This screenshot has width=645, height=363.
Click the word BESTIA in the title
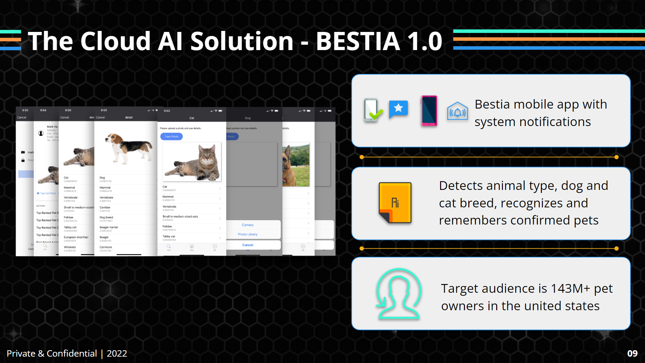click(x=358, y=41)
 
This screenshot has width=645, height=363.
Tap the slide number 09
click(x=632, y=353)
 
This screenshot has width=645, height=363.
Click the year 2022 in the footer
click(x=117, y=354)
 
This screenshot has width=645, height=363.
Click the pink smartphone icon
click(x=429, y=111)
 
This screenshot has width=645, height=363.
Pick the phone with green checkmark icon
click(x=372, y=110)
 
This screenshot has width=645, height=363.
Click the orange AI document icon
click(x=395, y=203)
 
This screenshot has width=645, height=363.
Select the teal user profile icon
click(x=398, y=293)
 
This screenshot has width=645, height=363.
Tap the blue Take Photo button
click(x=171, y=136)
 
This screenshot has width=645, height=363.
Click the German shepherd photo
click(x=296, y=165)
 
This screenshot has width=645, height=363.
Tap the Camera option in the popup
click(x=248, y=225)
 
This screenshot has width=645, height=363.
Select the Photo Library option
click(x=248, y=234)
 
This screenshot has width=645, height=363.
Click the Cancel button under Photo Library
click(x=248, y=245)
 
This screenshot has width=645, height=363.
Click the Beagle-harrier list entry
click(x=109, y=228)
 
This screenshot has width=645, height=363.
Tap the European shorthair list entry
click(x=76, y=237)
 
